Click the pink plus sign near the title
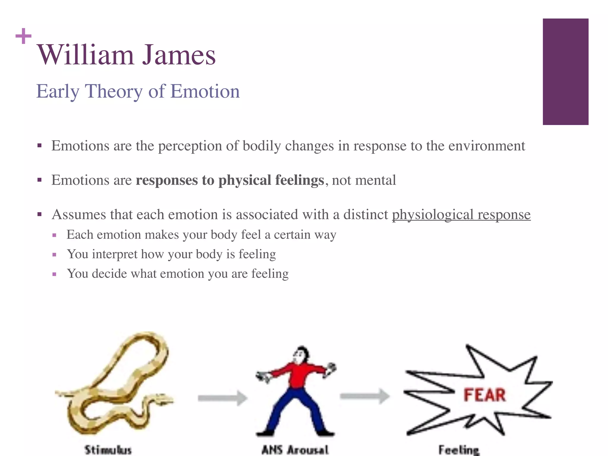23,36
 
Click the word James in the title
179,55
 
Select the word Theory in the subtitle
114,91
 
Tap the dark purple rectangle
565,72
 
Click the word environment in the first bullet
487,146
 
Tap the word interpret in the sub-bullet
114,254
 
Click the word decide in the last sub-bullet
110,274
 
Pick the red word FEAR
484,395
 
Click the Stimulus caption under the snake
108,449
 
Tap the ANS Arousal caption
295,449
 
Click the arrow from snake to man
223,398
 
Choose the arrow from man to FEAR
365,396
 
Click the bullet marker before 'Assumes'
39,214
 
